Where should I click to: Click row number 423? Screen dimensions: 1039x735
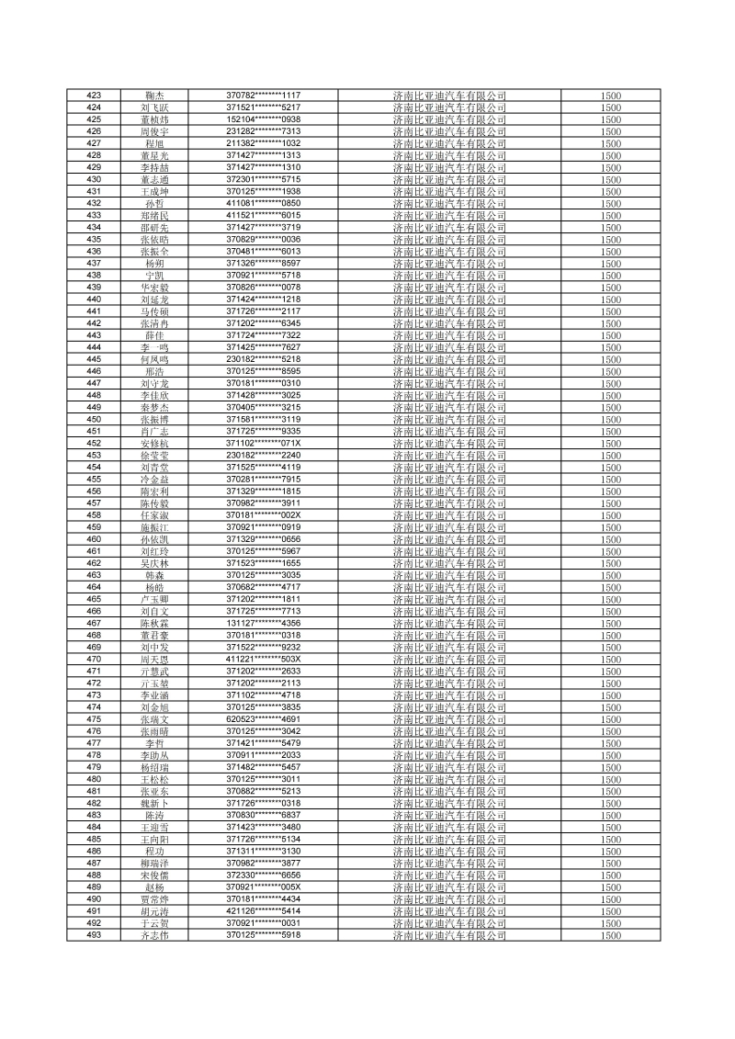93,96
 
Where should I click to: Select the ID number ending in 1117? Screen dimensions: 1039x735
264,96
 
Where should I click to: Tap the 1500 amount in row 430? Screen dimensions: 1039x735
611,180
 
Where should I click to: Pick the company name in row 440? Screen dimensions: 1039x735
448,299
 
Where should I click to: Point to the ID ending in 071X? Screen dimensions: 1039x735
264,444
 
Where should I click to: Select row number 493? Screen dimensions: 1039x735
93,935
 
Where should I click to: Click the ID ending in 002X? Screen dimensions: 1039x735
264,515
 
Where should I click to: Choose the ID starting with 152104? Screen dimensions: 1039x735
264,119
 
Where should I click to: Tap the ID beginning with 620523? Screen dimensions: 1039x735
264,719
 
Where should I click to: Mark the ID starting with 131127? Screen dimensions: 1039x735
264,623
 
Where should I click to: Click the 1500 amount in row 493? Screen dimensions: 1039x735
611,935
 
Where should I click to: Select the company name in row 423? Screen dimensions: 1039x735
448,96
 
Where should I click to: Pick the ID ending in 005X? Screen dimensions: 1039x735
264,887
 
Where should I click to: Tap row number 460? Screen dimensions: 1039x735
93,539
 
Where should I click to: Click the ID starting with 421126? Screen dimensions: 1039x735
264,911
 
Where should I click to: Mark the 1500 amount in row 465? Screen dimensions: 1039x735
611,599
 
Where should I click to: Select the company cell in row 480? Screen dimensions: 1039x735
448,779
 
